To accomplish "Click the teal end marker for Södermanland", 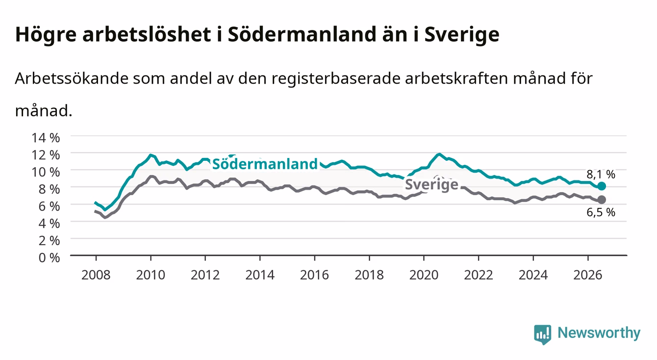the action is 602,186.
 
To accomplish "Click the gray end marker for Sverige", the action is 602,200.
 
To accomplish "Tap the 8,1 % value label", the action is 601,174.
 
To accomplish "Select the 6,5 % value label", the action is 601,212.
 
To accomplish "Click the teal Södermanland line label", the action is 265,164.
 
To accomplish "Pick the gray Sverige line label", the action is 431,184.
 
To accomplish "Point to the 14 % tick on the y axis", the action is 46,138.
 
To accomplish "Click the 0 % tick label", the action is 49,257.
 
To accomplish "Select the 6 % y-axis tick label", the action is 49,206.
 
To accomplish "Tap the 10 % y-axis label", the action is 46,172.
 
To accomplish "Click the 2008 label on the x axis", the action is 96,275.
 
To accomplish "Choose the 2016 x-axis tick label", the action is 314,275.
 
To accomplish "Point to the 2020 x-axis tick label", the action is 424,275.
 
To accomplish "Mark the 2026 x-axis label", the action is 588,275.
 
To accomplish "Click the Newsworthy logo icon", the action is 543,334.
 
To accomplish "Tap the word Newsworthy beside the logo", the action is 599,333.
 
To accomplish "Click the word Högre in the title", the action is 46,35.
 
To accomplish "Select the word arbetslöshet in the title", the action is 147,34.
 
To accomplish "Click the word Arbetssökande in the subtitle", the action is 72,78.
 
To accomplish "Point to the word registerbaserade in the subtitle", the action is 336,79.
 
